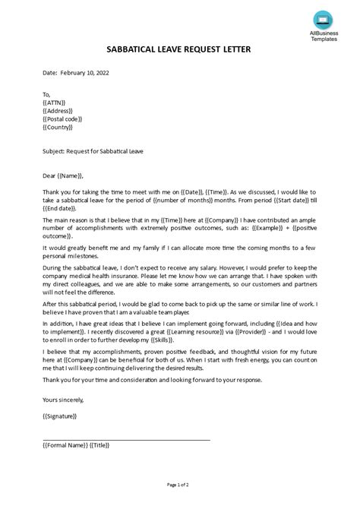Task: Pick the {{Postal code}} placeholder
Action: tap(63, 119)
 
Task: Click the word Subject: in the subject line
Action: tap(55, 151)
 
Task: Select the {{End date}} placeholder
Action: tap(63, 208)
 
